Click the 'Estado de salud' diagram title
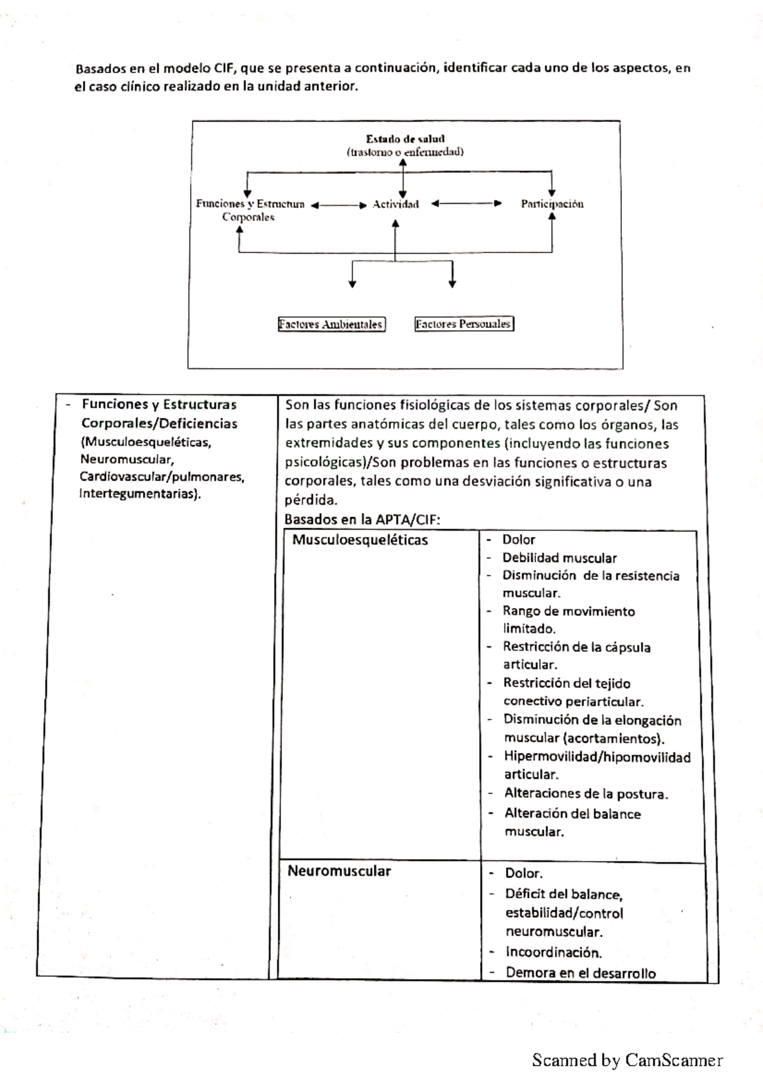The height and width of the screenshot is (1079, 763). pos(405,139)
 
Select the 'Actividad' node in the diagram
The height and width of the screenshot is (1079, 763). pos(395,204)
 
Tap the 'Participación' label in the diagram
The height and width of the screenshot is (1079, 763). pos(552,204)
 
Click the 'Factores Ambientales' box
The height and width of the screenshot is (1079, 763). pos(331,325)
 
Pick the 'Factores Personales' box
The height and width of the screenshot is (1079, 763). pos(464,324)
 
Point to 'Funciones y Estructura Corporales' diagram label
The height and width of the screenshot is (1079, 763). pos(249,210)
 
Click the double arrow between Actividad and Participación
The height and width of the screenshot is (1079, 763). pos(466,204)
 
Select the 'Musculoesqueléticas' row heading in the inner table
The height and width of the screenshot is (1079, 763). pos(360,540)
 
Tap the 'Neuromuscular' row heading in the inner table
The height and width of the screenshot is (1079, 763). pos(339,871)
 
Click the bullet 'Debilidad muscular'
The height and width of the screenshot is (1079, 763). pos(559,558)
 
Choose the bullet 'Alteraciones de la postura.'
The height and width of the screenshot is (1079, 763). pos(586,794)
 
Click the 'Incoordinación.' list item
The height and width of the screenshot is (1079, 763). pos(553,952)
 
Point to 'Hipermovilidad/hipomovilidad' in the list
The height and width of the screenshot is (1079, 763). pos(596,757)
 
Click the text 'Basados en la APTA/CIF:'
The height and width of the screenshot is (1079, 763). pos(362,519)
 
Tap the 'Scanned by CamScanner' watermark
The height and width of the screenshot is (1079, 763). pos(627,1060)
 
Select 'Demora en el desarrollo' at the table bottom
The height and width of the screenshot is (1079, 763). pos(580,972)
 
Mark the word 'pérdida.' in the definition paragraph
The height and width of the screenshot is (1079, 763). pos(311,500)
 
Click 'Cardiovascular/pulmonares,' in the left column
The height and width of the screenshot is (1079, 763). pos(162,477)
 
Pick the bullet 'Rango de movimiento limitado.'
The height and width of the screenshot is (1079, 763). pos(568,620)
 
